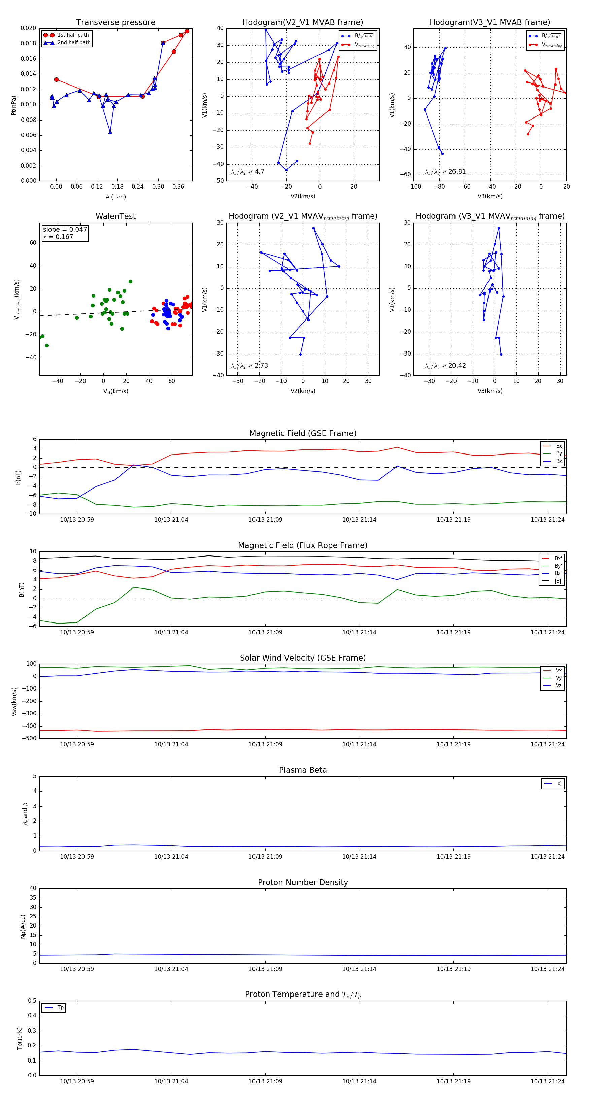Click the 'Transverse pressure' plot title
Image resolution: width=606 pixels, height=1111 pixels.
click(x=115, y=23)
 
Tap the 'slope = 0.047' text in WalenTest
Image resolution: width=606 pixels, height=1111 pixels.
click(x=65, y=230)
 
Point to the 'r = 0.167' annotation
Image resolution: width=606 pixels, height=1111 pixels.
click(x=58, y=237)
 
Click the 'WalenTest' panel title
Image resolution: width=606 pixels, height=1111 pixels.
click(x=115, y=216)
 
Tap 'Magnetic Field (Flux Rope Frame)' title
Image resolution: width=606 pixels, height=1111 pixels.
click(x=303, y=546)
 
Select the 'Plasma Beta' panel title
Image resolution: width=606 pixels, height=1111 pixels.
click(x=303, y=770)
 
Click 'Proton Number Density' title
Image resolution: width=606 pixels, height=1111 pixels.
click(x=303, y=882)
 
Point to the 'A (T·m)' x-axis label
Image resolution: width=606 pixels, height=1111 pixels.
click(x=115, y=197)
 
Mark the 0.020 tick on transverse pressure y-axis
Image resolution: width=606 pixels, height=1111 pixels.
click(x=29, y=28)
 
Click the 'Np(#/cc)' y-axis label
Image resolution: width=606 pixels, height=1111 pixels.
click(x=23, y=927)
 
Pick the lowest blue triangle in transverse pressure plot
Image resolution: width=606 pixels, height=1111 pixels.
click(x=110, y=132)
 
